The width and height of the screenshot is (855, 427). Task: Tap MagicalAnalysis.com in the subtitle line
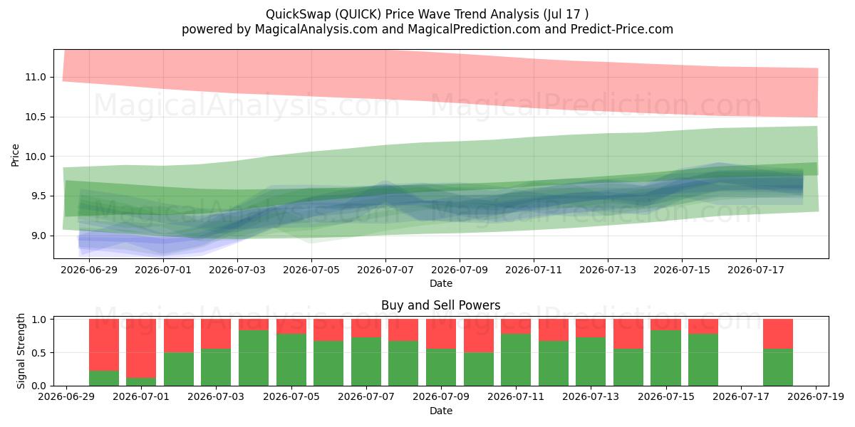click(x=316, y=29)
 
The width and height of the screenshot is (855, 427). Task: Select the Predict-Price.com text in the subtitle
click(x=622, y=29)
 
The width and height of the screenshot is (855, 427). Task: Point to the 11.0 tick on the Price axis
click(x=36, y=77)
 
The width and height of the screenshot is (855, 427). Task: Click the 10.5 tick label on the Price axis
click(x=36, y=117)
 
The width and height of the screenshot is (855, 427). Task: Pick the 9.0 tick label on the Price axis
click(x=38, y=236)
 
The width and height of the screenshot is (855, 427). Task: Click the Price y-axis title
click(x=15, y=155)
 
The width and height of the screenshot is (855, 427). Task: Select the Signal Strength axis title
click(x=21, y=351)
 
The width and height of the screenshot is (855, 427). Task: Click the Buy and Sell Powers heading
click(x=441, y=305)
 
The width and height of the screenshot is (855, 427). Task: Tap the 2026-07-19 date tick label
click(x=816, y=396)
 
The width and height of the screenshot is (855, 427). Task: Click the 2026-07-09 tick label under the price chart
click(x=460, y=270)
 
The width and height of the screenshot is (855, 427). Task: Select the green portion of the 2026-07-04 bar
click(x=254, y=358)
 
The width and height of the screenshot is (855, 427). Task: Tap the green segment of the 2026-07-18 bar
click(x=778, y=367)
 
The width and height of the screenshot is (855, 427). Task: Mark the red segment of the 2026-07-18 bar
click(x=778, y=334)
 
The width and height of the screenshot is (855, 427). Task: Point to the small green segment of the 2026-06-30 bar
click(x=104, y=378)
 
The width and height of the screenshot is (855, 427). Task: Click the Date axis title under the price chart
click(x=441, y=283)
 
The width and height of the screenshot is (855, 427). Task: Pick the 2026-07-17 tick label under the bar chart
click(x=741, y=396)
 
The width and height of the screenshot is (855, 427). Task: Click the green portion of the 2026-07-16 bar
click(x=703, y=360)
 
